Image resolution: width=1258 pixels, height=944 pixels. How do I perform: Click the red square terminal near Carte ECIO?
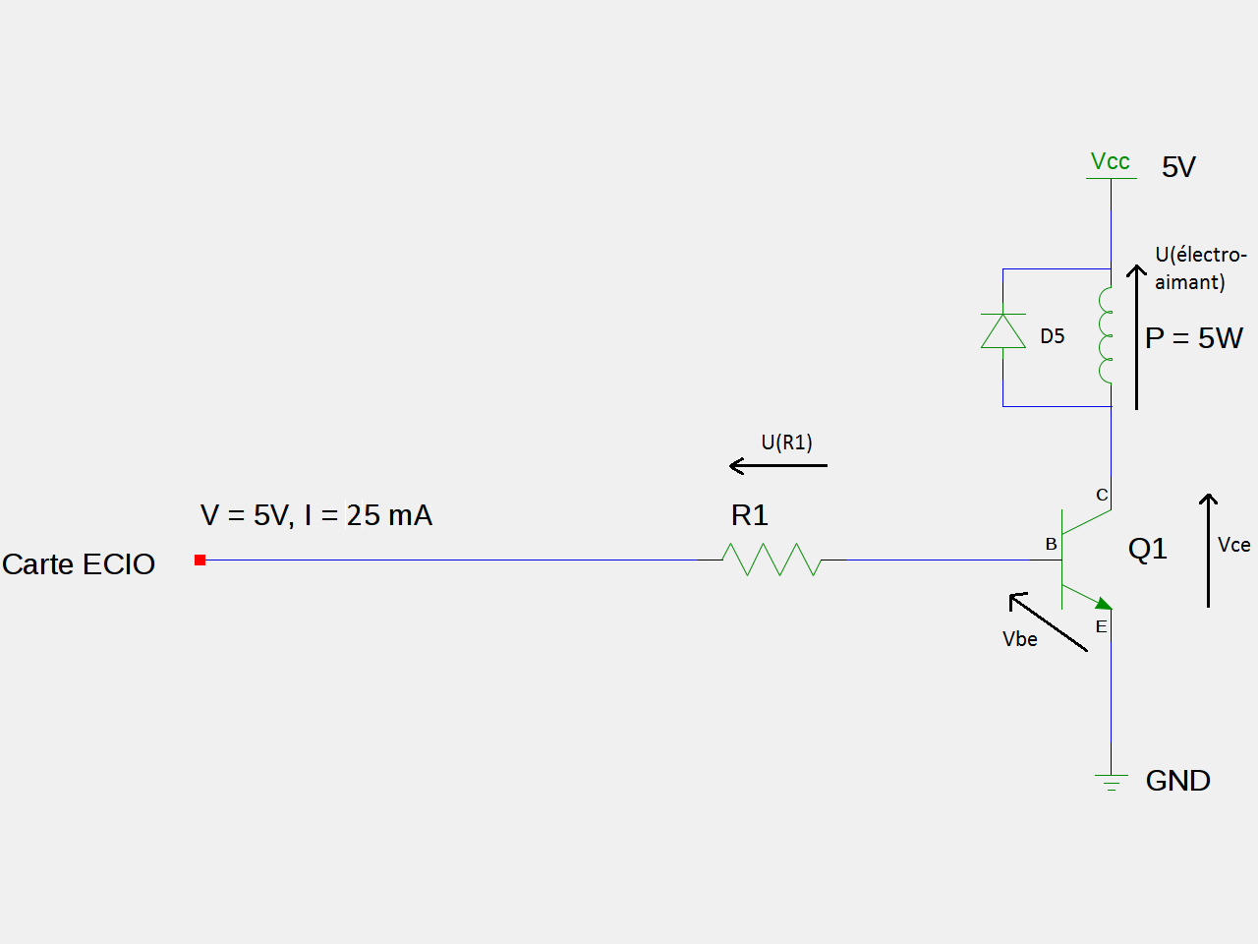pyautogui.click(x=200, y=560)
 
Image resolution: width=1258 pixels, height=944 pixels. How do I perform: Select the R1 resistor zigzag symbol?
pyautogui.click(x=772, y=560)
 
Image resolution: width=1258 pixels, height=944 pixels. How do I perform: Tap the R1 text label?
pyautogui.click(x=750, y=515)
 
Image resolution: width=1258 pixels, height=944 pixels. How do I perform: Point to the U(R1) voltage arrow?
pyautogui.click(x=778, y=465)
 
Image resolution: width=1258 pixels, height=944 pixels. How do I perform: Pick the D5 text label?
pyautogui.click(x=1053, y=336)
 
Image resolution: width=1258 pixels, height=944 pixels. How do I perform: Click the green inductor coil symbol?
pyautogui.click(x=1107, y=335)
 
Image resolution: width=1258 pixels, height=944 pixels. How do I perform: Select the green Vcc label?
pyautogui.click(x=1111, y=161)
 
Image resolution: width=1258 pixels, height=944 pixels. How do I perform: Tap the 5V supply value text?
pyautogui.click(x=1178, y=167)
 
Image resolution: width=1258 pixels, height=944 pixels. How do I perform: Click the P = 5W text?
pyautogui.click(x=1194, y=338)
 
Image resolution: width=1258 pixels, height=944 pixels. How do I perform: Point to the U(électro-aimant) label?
pyautogui.click(x=1200, y=268)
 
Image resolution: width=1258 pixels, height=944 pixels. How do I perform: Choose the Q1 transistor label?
pyautogui.click(x=1148, y=549)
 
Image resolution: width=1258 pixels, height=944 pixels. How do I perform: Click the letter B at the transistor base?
pyautogui.click(x=1051, y=544)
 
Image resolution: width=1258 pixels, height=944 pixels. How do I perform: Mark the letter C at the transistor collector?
pyautogui.click(x=1102, y=495)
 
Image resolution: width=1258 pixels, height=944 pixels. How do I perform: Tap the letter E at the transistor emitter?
pyautogui.click(x=1101, y=626)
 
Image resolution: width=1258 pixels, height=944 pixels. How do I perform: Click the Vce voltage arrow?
pyautogui.click(x=1208, y=551)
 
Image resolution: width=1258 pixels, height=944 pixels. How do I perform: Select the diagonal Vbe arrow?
pyautogui.click(x=1049, y=621)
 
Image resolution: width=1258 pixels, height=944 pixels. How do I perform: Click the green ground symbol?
pyautogui.click(x=1112, y=783)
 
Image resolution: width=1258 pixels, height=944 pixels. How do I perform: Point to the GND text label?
pyautogui.click(x=1177, y=781)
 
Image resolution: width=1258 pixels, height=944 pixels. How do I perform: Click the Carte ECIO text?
pyautogui.click(x=79, y=564)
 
